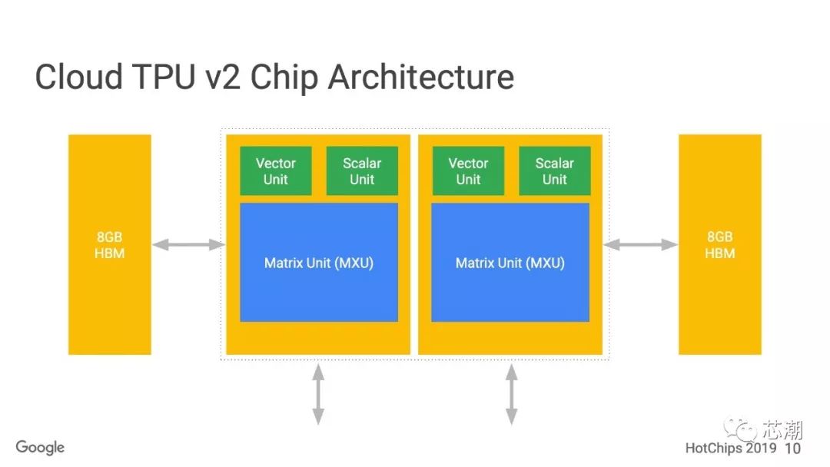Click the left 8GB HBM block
[x=109, y=244]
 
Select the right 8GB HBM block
[x=719, y=244]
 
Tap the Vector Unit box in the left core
[x=275, y=171]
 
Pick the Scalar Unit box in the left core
[x=362, y=171]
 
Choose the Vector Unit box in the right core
[x=468, y=171]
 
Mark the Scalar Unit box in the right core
[x=554, y=171]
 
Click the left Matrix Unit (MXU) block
[x=319, y=263]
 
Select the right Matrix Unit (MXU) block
[x=510, y=263]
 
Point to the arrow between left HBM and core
[x=188, y=244]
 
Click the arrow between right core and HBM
[x=640, y=244]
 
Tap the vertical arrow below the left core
[x=317, y=395]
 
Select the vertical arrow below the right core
[x=511, y=395]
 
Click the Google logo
[x=40, y=448]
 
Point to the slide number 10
[x=793, y=448]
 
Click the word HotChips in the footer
[x=714, y=448]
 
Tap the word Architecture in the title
[x=421, y=78]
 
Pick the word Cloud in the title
[x=79, y=78]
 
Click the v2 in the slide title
[x=229, y=78]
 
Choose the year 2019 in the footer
[x=762, y=448]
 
